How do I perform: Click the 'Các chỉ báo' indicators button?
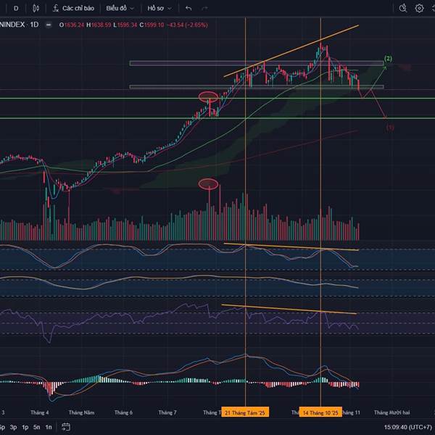point(74,8)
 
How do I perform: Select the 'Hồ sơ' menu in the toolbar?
point(159,8)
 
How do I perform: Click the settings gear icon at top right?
point(419,8)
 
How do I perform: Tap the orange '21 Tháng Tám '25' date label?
point(246,413)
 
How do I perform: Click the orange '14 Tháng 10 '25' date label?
point(321,413)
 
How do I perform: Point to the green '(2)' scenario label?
point(389,58)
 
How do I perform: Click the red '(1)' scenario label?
point(390,127)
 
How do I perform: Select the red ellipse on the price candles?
point(209,96)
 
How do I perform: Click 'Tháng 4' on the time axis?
point(42,413)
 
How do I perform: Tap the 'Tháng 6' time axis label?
point(124,413)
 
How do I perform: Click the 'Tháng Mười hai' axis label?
point(391,413)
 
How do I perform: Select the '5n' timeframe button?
point(36,427)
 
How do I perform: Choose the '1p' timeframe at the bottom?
point(25,427)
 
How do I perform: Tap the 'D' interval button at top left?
point(16,8)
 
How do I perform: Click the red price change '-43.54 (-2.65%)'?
point(188,24)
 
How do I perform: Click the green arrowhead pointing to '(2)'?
point(385,67)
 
